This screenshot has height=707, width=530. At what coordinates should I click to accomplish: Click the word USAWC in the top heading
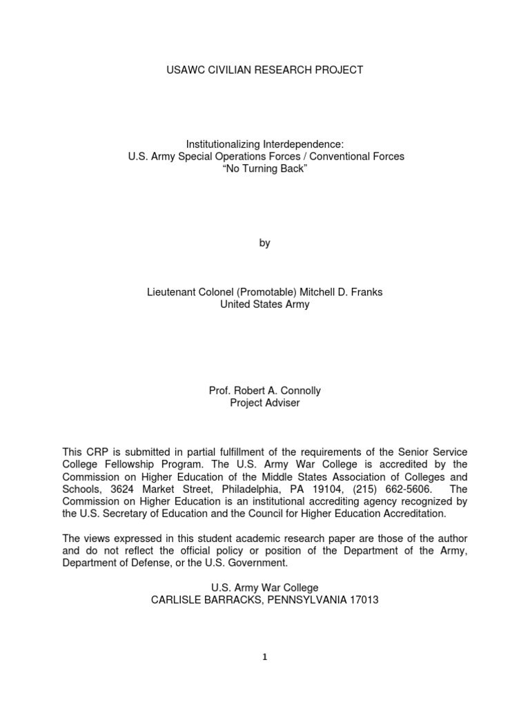coord(188,70)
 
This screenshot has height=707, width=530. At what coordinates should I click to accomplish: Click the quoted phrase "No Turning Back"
coord(266,169)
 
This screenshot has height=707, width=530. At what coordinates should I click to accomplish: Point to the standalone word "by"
coord(265,243)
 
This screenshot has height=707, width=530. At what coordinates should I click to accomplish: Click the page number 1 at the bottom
coord(265,657)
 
